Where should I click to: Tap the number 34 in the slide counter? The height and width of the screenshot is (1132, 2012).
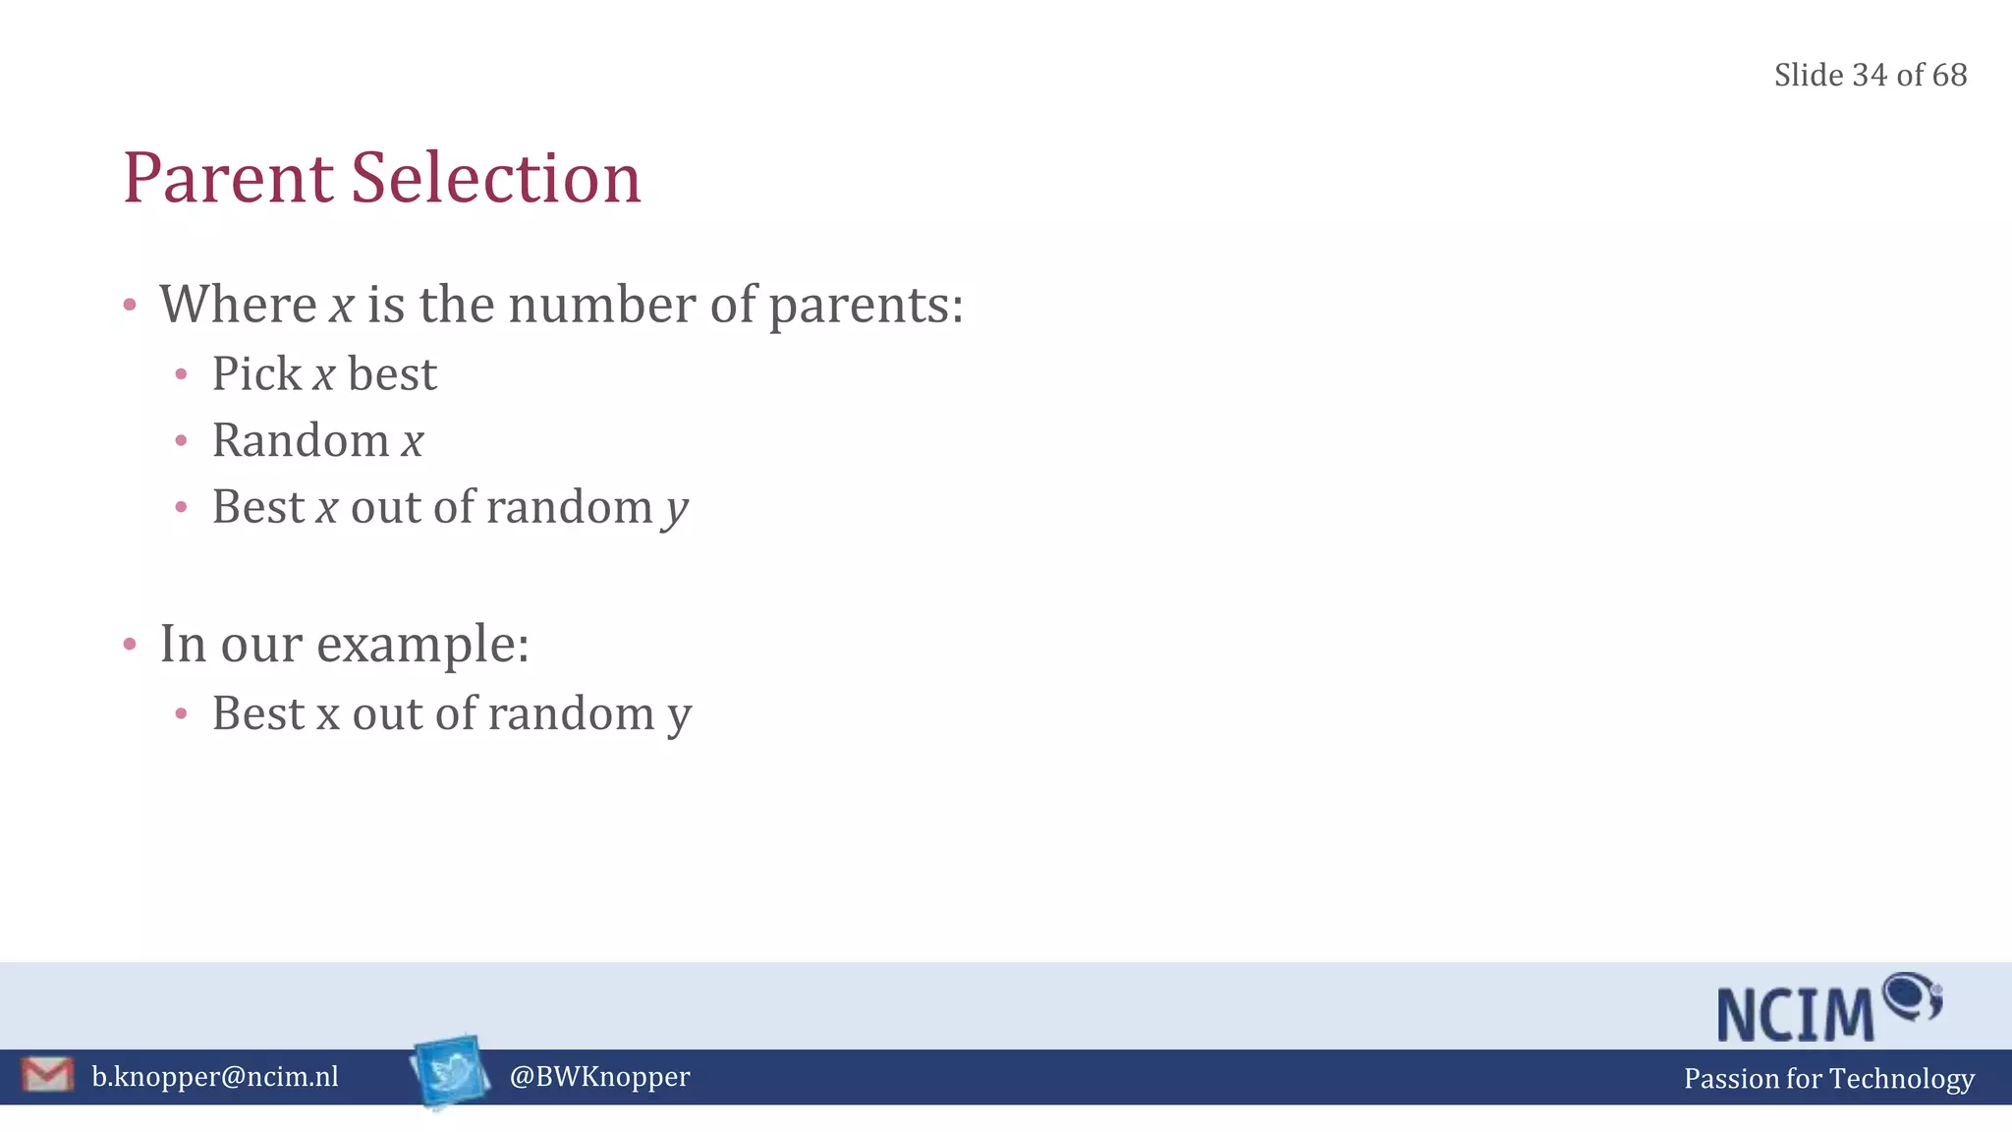(x=1870, y=75)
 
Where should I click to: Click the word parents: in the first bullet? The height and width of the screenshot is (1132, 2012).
(x=866, y=306)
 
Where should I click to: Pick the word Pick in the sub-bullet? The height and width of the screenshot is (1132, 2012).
(x=256, y=373)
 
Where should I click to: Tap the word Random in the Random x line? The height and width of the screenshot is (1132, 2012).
(x=301, y=440)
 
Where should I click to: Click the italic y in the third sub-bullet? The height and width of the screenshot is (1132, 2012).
(x=676, y=510)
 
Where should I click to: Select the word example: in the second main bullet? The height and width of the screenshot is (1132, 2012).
(x=422, y=646)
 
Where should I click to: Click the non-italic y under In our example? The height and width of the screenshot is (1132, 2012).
(x=680, y=716)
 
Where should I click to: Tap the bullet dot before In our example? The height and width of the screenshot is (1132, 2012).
(x=130, y=645)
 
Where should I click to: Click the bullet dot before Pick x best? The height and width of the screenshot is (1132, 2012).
(x=181, y=374)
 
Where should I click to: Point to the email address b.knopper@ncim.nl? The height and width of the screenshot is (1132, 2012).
(x=215, y=1077)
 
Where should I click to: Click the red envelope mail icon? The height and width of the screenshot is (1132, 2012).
(x=46, y=1075)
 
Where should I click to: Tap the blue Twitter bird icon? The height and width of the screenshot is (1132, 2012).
(x=451, y=1071)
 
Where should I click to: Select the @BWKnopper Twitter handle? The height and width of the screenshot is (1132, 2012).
(x=599, y=1077)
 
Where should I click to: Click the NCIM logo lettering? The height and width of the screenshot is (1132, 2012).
(x=1796, y=1014)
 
